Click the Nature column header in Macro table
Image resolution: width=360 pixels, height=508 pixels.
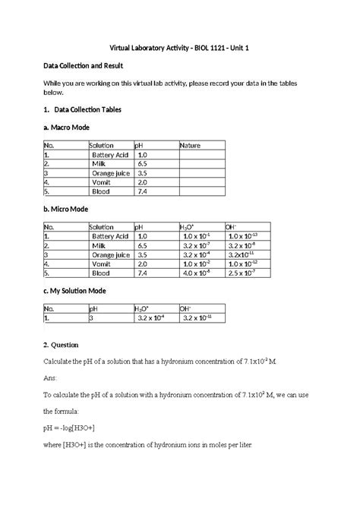coord(190,145)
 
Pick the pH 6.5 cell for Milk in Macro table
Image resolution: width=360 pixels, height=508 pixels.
coord(142,163)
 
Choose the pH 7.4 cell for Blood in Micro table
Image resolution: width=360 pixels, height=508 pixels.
coord(142,273)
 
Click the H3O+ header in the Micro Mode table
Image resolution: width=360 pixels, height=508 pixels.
coord(187,227)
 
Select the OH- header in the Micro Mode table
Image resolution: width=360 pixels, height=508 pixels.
coord(232,227)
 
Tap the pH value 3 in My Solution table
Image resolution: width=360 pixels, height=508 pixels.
coord(91,318)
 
